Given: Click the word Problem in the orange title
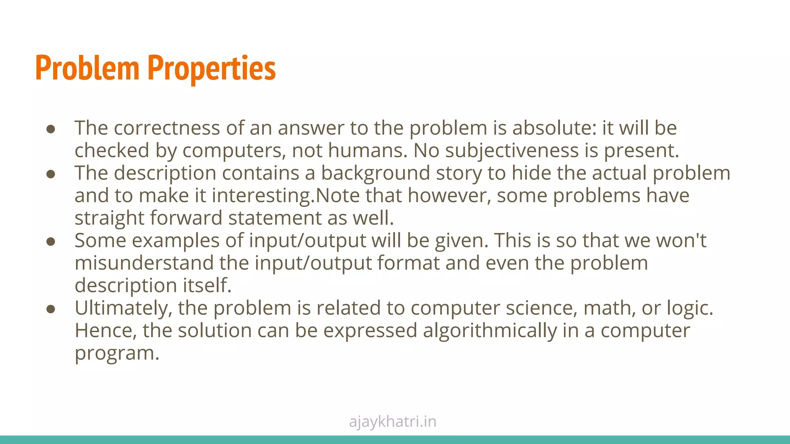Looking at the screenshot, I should click(87, 68).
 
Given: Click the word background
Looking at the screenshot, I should click(375, 173).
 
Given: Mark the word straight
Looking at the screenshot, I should click(109, 218).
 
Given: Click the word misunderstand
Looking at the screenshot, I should click(144, 263).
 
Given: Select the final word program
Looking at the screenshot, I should click(117, 353).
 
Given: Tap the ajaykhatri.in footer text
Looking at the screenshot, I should click(393, 422).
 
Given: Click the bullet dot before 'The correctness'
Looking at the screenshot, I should click(51, 129).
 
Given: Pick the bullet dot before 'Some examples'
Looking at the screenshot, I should click(51, 242).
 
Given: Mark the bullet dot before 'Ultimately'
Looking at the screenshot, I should click(51, 309).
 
